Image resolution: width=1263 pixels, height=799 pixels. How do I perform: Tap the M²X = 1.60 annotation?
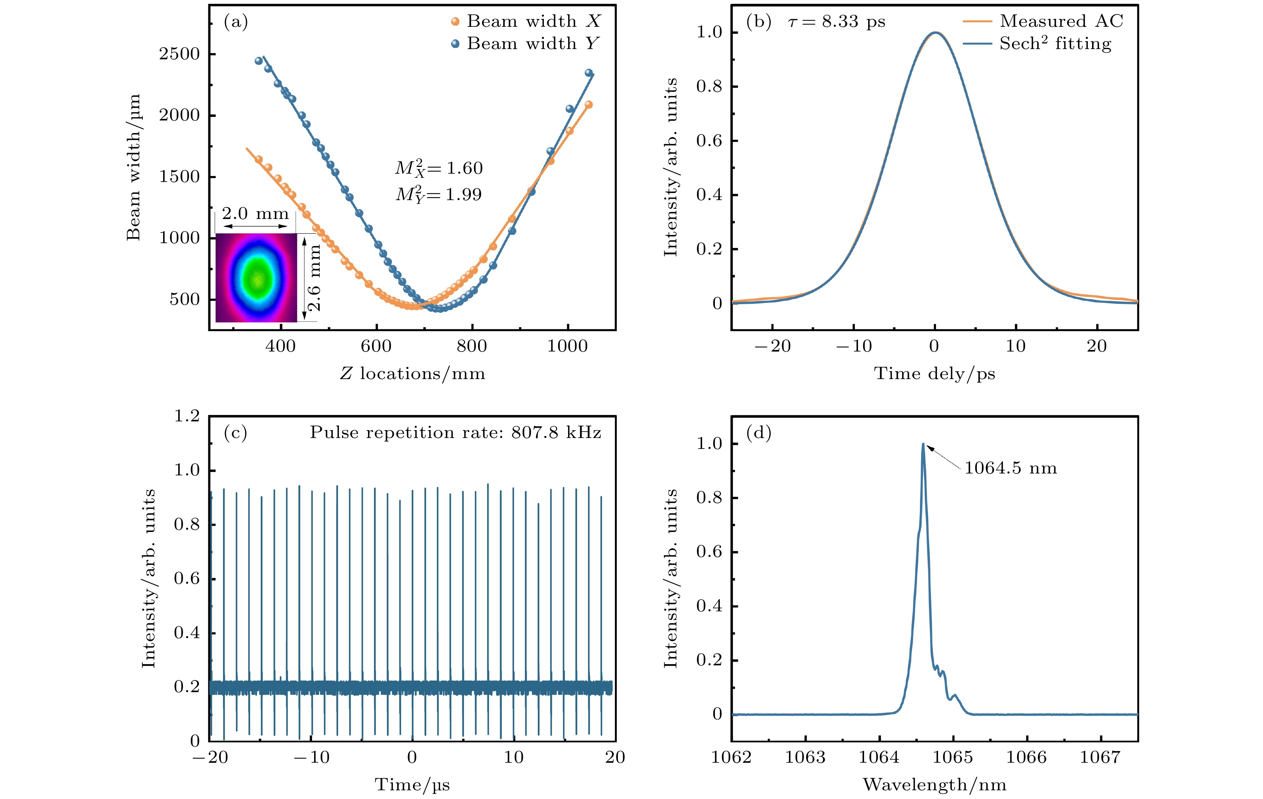click(439, 168)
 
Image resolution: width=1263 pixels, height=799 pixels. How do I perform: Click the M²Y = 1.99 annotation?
click(439, 194)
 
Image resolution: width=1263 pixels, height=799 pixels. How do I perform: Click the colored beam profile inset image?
click(256, 278)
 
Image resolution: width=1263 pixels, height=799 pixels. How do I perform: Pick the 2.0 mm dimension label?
click(256, 213)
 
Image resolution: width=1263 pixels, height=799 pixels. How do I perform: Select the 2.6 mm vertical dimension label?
click(314, 278)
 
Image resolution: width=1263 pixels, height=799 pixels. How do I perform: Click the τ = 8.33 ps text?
click(836, 22)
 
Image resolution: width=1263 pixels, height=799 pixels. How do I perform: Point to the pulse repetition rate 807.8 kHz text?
click(455, 432)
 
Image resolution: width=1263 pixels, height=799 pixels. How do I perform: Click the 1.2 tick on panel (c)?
click(187, 416)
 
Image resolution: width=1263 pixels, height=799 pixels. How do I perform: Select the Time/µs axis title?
click(412, 785)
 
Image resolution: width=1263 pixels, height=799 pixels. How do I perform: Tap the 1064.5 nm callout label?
click(1010, 468)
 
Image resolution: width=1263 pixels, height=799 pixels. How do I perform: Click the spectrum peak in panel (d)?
click(923, 444)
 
